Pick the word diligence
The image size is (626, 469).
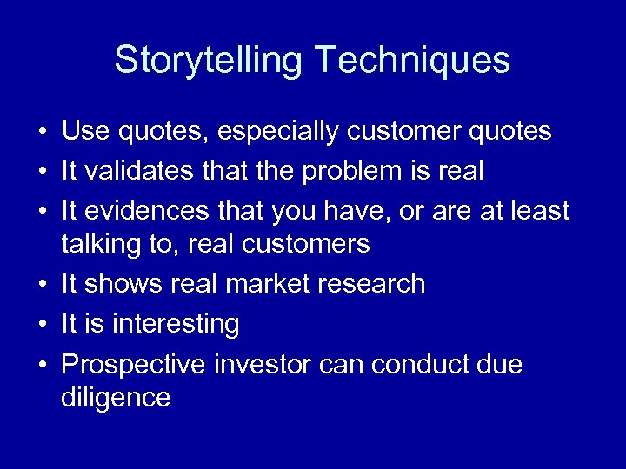(116, 398)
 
